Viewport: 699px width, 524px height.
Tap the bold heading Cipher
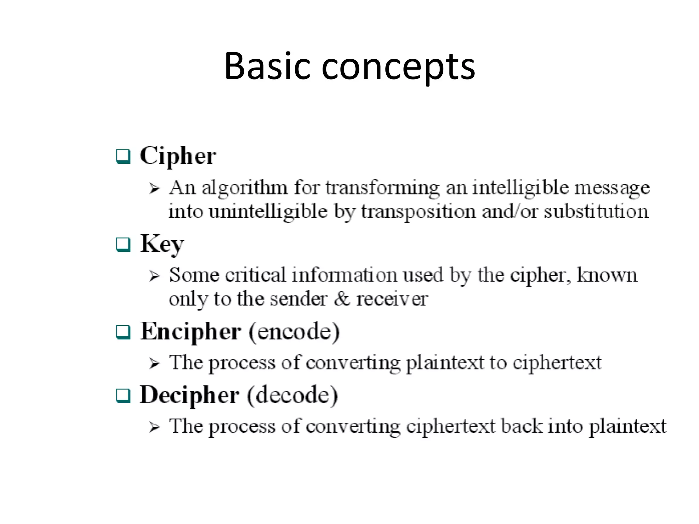click(178, 156)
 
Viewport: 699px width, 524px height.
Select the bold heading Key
click(162, 244)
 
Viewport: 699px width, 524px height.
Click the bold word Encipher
click(190, 332)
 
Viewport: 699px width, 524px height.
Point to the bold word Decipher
click(189, 395)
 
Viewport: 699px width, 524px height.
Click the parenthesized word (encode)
click(294, 332)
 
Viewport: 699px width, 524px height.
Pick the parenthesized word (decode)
click(293, 395)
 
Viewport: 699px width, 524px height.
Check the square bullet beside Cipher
click(123, 157)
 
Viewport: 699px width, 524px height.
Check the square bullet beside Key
click(123, 245)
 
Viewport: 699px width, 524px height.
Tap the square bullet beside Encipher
click(123, 332)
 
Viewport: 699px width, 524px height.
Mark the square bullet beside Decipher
click(123, 396)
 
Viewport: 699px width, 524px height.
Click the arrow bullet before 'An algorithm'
click(154, 188)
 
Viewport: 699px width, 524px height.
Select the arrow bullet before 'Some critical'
click(154, 276)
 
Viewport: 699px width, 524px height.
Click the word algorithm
click(244, 188)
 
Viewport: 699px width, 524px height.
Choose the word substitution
click(596, 211)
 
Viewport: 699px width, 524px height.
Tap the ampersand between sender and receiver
click(342, 299)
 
